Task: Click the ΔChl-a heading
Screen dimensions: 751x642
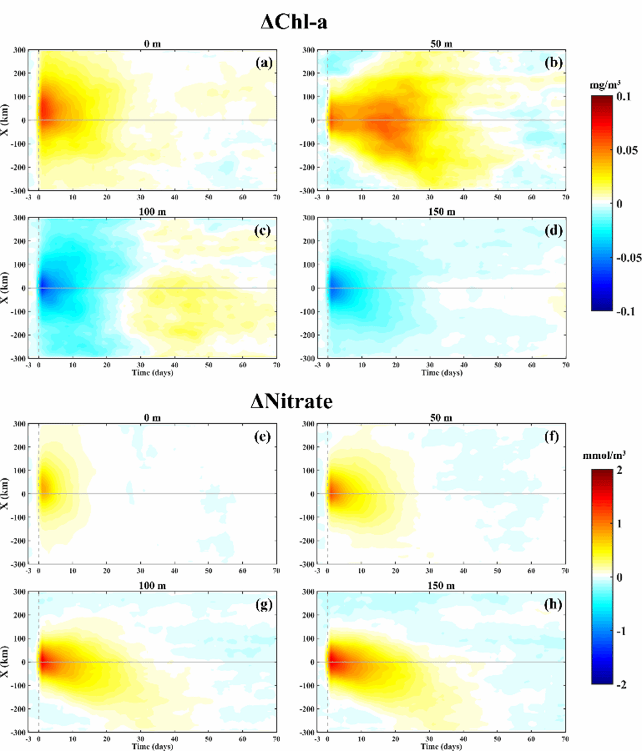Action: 294,22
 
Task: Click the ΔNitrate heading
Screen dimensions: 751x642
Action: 292,401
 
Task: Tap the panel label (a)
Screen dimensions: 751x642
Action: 264,63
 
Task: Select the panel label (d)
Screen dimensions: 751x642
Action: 553,230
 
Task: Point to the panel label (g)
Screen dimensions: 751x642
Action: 264,604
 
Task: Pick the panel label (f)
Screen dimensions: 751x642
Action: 552,437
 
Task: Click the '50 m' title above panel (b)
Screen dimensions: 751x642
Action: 441,44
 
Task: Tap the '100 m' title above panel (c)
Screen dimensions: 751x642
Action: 152,212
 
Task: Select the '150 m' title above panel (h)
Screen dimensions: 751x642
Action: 441,586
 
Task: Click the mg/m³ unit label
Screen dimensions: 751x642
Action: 605,85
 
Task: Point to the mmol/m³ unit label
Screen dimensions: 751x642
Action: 604,455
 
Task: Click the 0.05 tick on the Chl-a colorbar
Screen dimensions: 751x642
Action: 626,150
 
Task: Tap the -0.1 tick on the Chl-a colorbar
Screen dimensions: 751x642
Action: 625,311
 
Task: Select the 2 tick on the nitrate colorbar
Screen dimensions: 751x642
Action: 619,470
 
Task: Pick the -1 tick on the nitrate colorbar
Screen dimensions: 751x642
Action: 620,631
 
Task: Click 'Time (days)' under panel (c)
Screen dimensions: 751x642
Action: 152,373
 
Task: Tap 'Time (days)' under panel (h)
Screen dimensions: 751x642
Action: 441,747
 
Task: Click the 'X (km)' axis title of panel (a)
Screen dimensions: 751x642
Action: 5,119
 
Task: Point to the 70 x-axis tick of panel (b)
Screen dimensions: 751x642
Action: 565,197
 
